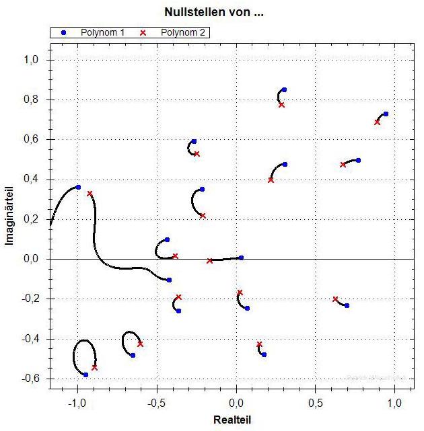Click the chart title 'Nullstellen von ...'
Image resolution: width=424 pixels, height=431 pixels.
point(211,12)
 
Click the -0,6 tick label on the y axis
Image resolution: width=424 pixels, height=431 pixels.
point(31,379)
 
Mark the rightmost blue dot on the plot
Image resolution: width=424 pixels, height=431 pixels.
point(386,114)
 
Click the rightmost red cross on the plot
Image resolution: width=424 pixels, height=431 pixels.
point(377,122)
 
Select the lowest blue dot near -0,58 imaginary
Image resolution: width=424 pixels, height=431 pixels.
point(85,375)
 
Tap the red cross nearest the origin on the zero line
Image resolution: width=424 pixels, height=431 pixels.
point(210,260)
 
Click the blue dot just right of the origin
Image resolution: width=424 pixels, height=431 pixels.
point(241,258)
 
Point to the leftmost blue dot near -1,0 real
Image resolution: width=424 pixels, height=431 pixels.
point(78,187)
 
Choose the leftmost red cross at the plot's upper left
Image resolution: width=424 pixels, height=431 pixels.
point(90,194)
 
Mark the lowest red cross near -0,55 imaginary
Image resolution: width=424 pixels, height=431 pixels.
point(95,368)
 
